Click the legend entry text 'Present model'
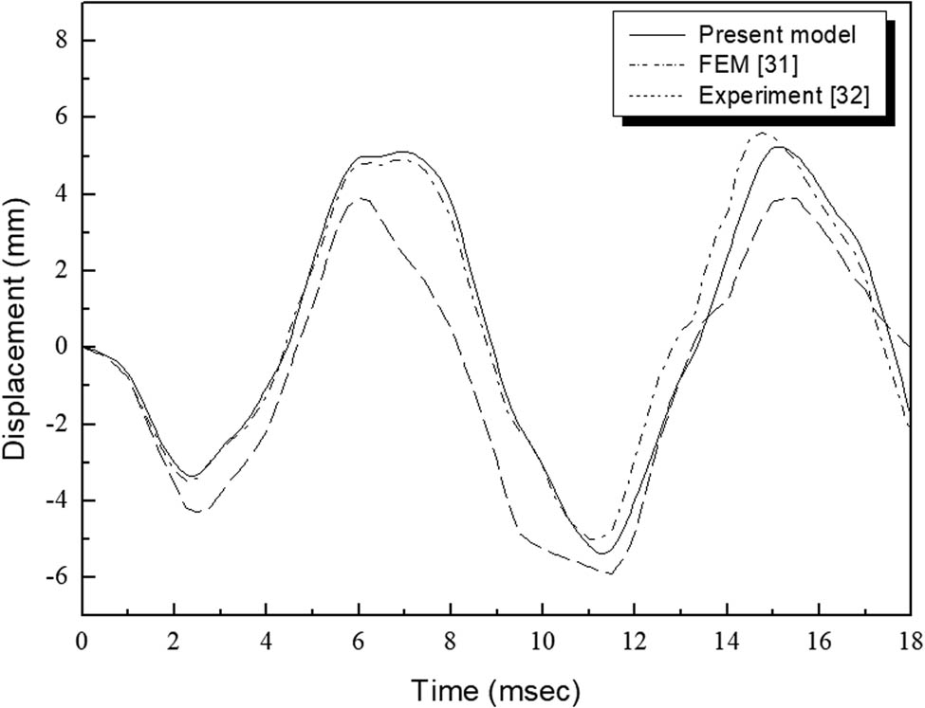tap(777, 36)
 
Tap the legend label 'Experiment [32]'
tap(783, 96)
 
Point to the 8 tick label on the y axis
tap(62, 41)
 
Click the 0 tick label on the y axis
tap(62, 347)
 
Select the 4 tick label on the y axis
tap(62, 194)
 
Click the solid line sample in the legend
tap(655, 36)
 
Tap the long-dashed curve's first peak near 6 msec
tap(361, 198)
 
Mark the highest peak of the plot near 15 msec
tap(762, 134)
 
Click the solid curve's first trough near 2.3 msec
tap(192, 476)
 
